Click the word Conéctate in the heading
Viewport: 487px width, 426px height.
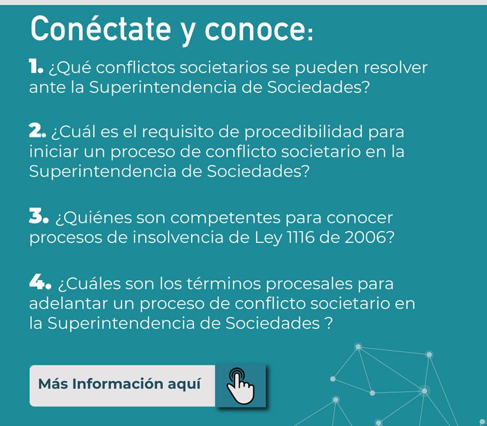tap(100, 29)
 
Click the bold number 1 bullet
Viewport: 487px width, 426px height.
tap(36, 67)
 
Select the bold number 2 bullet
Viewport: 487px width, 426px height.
tap(37, 131)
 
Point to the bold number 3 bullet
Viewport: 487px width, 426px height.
tap(38, 216)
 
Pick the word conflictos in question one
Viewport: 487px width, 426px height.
tap(136, 67)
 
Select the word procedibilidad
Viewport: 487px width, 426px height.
tap(303, 132)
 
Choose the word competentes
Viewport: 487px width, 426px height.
tap(226, 218)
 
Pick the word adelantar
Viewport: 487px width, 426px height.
tap(69, 303)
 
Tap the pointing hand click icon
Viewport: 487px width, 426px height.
tap(240, 386)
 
